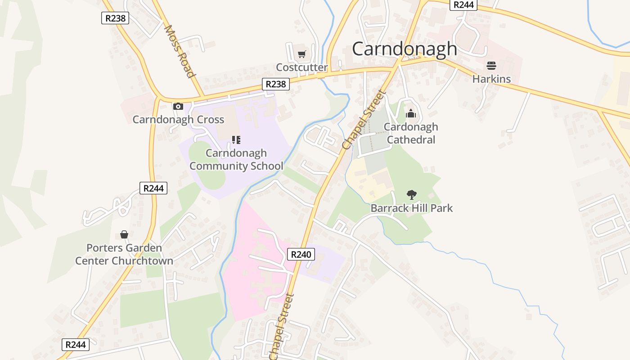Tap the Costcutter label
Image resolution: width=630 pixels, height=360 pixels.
[301, 67]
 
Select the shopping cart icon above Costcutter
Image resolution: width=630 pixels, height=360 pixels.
[301, 54]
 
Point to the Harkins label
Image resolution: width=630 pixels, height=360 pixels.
[491, 79]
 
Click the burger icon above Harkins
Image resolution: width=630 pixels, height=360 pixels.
[491, 66]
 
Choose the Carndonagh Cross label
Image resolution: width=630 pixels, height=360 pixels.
[178, 119]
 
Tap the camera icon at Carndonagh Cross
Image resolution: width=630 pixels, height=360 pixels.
[178, 107]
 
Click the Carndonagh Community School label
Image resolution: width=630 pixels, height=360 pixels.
[236, 159]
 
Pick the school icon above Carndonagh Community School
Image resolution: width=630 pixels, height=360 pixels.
[236, 140]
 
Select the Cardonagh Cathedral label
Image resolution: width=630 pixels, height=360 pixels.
[411, 133]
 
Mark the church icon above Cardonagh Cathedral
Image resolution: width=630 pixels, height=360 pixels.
[411, 113]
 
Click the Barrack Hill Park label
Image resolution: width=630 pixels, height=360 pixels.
[411, 208]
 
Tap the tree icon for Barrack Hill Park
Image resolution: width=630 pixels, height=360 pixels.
[411, 195]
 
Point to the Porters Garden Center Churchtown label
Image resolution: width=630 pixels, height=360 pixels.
[124, 254]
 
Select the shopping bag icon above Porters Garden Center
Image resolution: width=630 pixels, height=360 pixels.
[124, 234]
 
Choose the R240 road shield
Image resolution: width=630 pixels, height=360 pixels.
[301, 254]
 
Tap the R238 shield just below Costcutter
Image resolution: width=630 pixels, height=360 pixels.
[276, 84]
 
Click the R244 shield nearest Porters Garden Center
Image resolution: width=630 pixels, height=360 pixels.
[153, 188]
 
